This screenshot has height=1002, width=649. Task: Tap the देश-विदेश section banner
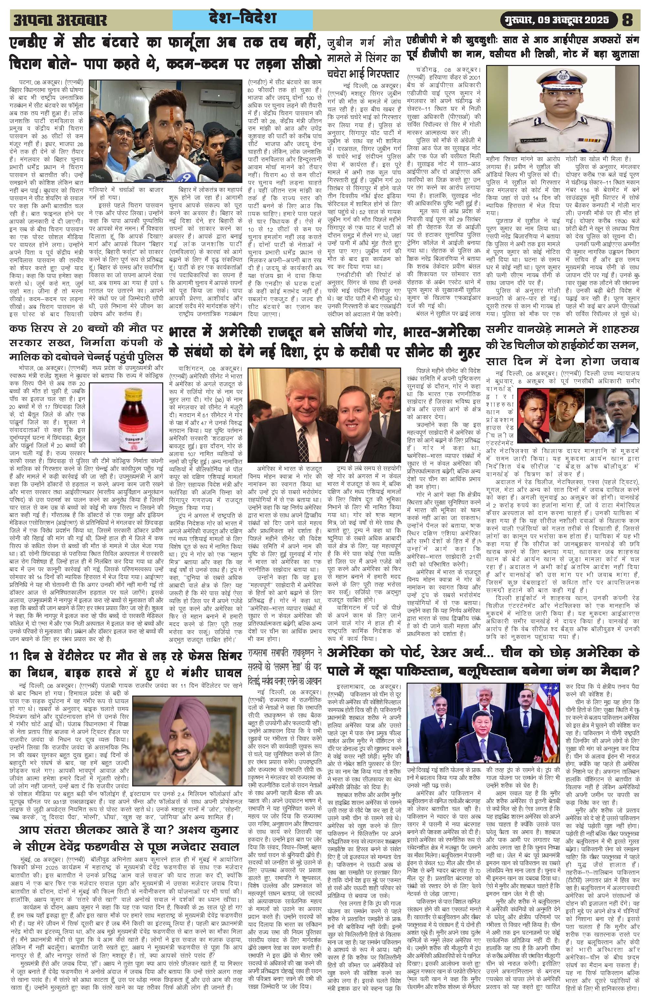coord(242,19)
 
